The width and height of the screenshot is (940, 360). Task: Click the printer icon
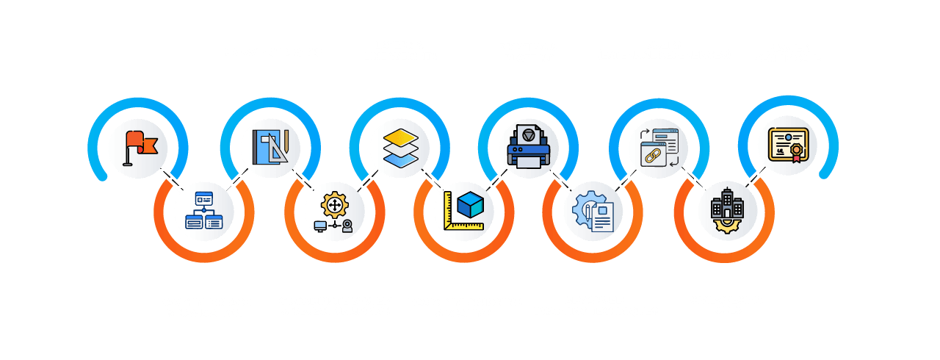529,144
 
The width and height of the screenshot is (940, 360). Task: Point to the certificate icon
787,144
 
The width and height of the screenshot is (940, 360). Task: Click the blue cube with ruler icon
464,210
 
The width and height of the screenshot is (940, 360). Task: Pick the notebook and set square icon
270,146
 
